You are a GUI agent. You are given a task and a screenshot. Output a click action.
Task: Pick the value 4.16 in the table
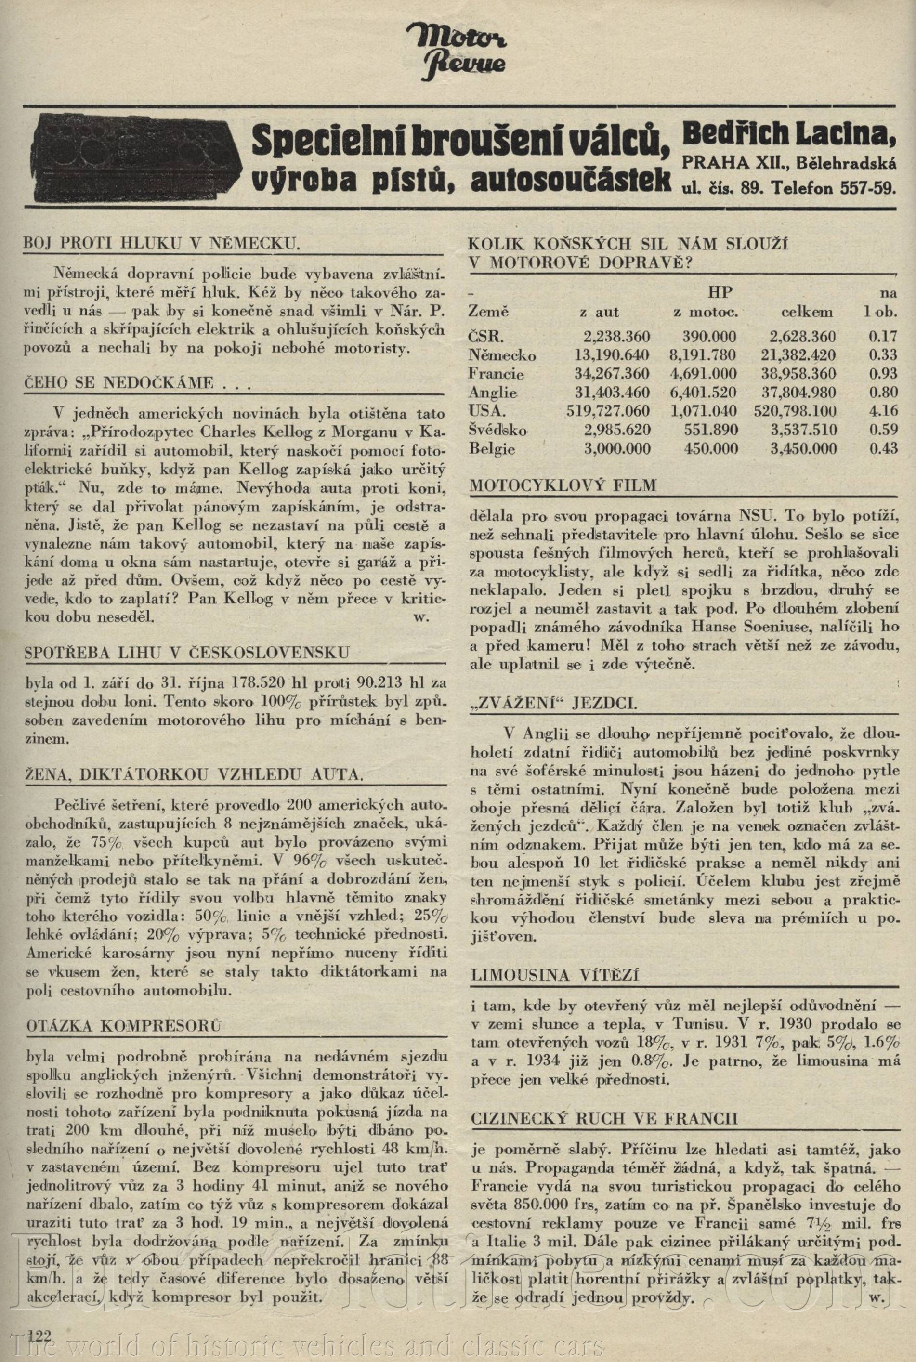[x=883, y=411]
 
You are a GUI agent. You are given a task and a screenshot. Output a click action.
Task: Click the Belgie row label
[x=492, y=449]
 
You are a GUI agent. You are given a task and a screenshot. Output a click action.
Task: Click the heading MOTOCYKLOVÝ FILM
[x=563, y=485]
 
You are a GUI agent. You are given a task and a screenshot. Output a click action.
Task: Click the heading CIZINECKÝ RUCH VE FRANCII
[x=603, y=1118]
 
